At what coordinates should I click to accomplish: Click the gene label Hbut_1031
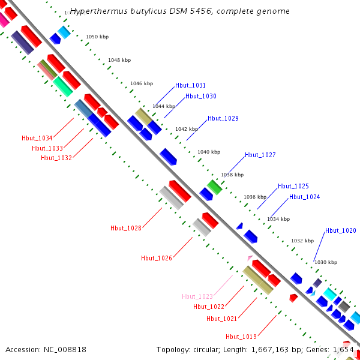point(190,85)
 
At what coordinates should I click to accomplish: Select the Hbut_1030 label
point(201,96)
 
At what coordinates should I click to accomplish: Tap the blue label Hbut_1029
point(223,118)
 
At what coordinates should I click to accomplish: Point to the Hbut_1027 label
point(260,155)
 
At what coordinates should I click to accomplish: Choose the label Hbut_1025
point(293,186)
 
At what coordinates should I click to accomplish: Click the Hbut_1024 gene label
point(305,197)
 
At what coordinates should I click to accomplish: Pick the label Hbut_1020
point(341,230)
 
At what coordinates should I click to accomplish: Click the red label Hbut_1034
point(37,138)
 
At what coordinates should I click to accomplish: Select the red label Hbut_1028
point(126,228)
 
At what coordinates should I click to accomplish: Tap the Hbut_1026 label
point(157,258)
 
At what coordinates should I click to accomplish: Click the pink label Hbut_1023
point(197,296)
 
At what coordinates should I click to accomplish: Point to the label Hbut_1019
point(241,336)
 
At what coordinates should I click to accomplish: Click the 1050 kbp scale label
point(97,37)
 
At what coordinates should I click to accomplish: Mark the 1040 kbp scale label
point(209,152)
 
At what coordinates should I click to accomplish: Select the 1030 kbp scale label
point(326,262)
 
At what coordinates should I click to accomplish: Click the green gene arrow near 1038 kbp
point(214,187)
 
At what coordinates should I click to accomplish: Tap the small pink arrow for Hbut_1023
point(250,257)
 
